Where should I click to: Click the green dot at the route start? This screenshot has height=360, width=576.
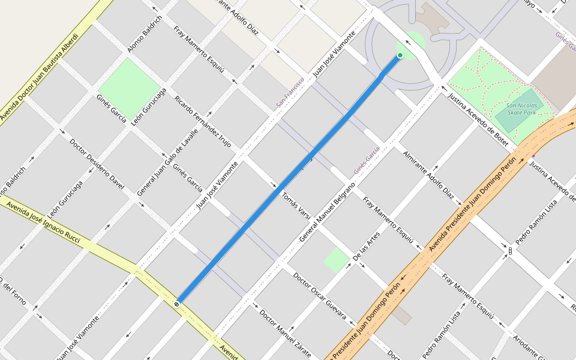pos(400,55)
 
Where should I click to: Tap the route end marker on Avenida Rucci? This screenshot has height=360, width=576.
pos(176,304)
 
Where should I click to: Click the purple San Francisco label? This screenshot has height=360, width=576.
pos(290,92)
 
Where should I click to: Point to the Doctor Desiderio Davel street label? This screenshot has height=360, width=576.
pos(97,164)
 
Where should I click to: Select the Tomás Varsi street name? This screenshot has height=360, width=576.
pos(296,206)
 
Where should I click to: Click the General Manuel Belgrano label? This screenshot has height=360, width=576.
pos(327,212)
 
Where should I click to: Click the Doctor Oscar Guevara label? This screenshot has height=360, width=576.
pos(320,296)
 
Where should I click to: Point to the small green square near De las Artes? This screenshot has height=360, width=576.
pos(337,260)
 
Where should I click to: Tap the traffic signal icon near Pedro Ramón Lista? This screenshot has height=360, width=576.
pos(510,251)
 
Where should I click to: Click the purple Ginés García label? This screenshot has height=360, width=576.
pos(367,160)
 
